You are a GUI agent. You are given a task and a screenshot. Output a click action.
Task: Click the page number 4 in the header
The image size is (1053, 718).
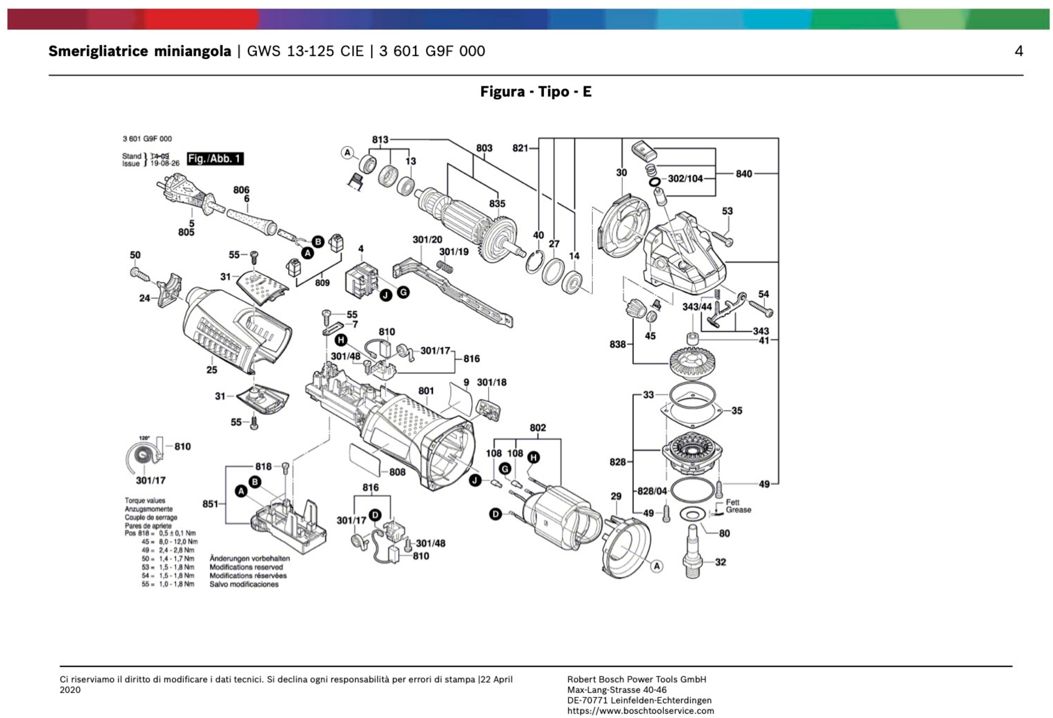[1018, 51]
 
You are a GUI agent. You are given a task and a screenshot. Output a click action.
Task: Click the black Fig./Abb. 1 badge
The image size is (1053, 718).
[215, 159]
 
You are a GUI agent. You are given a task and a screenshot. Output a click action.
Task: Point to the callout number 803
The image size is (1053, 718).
[484, 148]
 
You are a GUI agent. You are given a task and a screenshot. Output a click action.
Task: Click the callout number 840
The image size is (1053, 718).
[743, 174]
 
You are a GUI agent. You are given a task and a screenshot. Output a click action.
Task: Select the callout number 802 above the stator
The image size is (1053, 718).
[537, 428]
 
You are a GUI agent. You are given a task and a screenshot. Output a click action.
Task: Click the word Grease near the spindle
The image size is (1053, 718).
[738, 510]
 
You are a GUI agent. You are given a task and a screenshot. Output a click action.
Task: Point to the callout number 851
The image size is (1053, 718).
[210, 504]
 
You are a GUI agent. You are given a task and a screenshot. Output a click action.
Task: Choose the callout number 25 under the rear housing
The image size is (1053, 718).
[212, 370]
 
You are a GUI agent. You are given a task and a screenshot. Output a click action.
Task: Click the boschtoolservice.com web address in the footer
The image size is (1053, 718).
[640, 711]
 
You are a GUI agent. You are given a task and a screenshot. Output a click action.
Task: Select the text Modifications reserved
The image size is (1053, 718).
[246, 567]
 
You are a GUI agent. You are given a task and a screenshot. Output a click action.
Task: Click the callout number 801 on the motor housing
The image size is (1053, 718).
[426, 391]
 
